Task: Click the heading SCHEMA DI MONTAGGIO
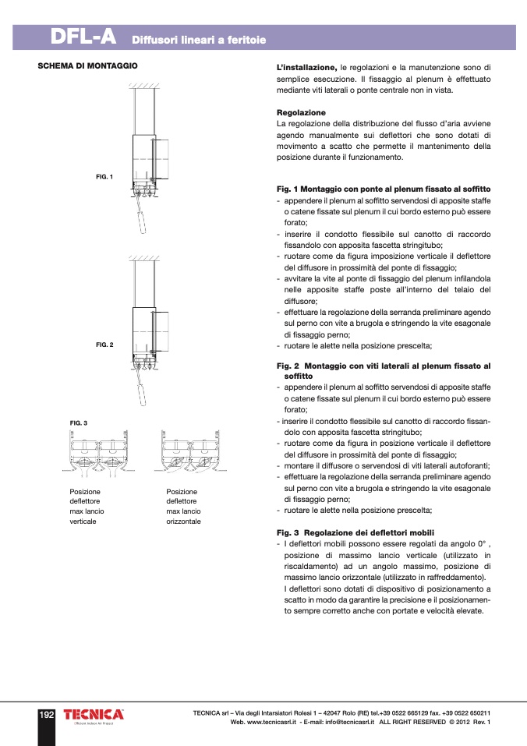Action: pos(88,66)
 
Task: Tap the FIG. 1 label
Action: pos(104,177)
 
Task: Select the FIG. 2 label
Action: pos(104,344)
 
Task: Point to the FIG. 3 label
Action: pos(79,422)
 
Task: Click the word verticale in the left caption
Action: pos(83,521)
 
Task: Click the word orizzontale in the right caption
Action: pos(183,521)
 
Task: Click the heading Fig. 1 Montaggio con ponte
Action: pos(384,189)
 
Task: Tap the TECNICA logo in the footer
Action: pos(94,715)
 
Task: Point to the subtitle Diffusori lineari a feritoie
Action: pos(199,39)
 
